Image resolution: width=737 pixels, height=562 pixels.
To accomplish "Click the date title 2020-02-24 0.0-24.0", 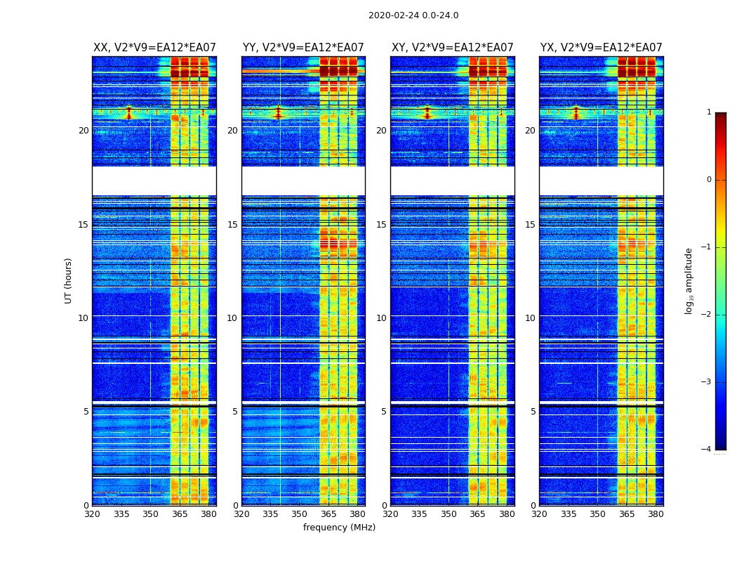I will coord(413,15).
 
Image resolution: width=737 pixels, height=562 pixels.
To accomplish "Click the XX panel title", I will coord(154,48).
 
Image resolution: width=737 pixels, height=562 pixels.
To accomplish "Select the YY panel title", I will coord(303,48).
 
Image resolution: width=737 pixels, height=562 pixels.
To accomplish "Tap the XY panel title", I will coord(453,48).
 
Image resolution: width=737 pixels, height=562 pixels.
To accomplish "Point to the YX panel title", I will coord(601,48).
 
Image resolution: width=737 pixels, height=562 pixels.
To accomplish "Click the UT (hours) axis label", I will coord(69,280).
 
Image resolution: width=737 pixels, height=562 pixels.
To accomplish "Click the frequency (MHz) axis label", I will coord(339,528).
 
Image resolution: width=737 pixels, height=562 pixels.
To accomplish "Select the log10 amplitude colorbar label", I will coord(689,280).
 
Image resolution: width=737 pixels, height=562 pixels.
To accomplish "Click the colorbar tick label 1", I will coord(708,112).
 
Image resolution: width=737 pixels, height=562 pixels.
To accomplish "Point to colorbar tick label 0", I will coord(708,180).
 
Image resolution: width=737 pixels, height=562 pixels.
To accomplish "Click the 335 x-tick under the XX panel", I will coord(121,514).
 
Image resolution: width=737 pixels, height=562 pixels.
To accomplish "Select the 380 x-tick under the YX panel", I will coord(656,514).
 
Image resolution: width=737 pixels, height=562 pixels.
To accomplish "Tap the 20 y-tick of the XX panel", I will coord(84,131).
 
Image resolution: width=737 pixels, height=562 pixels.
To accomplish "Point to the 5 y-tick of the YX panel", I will coord(533,412).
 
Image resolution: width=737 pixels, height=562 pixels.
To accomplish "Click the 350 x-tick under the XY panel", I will coord(449,514).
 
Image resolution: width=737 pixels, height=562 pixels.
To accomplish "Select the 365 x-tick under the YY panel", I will coord(328,514).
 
